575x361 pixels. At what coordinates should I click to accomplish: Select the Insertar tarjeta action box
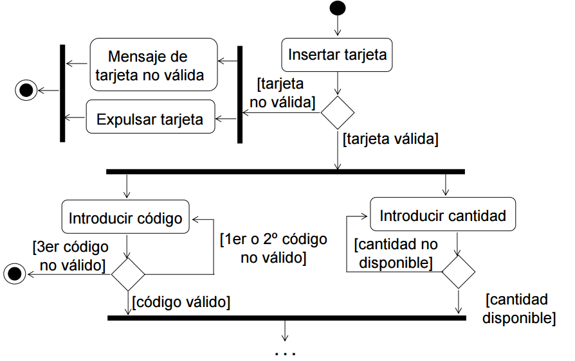coord(337,55)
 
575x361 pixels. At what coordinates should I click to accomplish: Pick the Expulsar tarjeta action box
coord(150,119)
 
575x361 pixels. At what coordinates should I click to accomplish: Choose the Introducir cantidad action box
coord(443,216)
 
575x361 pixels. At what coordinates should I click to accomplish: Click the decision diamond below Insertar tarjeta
coord(338,113)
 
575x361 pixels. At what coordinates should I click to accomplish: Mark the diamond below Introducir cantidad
coord(458,272)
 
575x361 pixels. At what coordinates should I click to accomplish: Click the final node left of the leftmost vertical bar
coord(26,91)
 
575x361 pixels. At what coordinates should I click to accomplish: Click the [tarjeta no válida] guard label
coord(282,92)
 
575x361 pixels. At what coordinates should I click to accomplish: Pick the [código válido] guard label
coord(181,301)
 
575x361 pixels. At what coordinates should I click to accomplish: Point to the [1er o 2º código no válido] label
coord(273,249)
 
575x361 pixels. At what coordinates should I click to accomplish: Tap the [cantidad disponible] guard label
coord(518,308)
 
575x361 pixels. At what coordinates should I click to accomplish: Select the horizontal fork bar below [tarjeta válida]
coord(286,172)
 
